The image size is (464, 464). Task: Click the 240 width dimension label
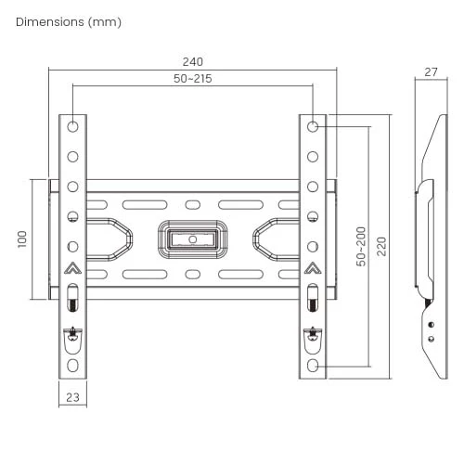pos(193,62)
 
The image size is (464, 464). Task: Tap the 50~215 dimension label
pos(193,79)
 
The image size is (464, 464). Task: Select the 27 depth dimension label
pos(431,72)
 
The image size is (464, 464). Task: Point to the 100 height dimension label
pos(22,239)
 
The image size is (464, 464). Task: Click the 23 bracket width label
pos(72,397)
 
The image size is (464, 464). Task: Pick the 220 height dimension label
pos(381,247)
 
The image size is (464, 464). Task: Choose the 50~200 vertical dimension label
pos(361,247)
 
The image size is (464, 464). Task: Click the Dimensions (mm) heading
pos(69,22)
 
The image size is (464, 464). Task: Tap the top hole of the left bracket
pos(72,126)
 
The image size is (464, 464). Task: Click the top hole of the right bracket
pos(313,126)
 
